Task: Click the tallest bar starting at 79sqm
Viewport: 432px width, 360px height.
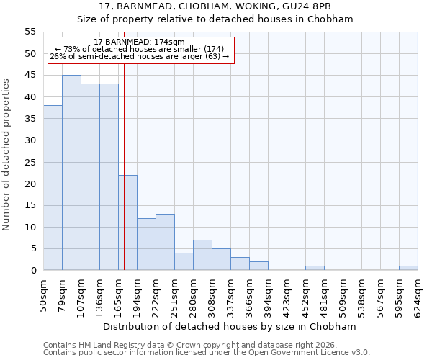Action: point(71,173)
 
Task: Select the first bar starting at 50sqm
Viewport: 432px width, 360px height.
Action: point(53,188)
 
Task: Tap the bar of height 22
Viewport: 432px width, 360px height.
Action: point(127,222)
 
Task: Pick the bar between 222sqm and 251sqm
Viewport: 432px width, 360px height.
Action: point(165,242)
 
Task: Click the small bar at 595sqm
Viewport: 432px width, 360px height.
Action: point(408,268)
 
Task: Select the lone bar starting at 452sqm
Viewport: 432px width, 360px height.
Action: point(315,268)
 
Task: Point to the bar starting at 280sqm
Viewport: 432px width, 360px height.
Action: point(202,255)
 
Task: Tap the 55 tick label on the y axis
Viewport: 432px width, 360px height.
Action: point(30,32)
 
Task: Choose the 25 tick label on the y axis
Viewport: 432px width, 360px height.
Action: point(30,162)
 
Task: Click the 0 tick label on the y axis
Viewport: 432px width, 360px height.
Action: point(33,271)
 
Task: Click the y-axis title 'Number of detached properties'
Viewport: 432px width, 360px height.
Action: point(6,155)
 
